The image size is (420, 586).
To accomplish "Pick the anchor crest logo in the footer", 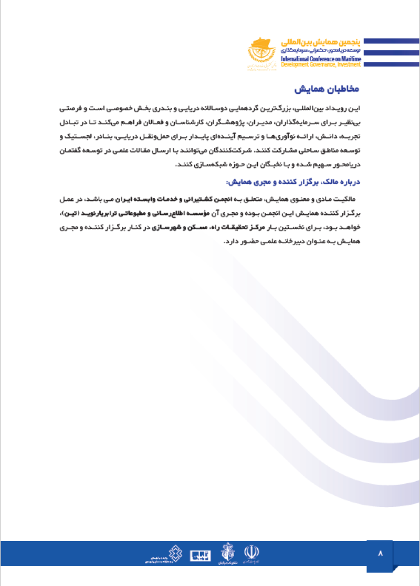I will tap(228, 553).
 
